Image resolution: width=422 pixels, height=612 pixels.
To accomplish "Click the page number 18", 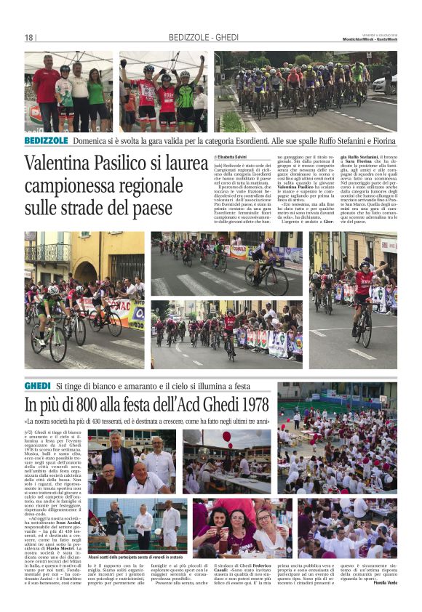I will click(x=29, y=38).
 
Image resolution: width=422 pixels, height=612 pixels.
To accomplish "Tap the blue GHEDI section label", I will click(x=37, y=384).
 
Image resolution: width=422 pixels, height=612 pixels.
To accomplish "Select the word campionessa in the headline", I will click(x=76, y=185).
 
